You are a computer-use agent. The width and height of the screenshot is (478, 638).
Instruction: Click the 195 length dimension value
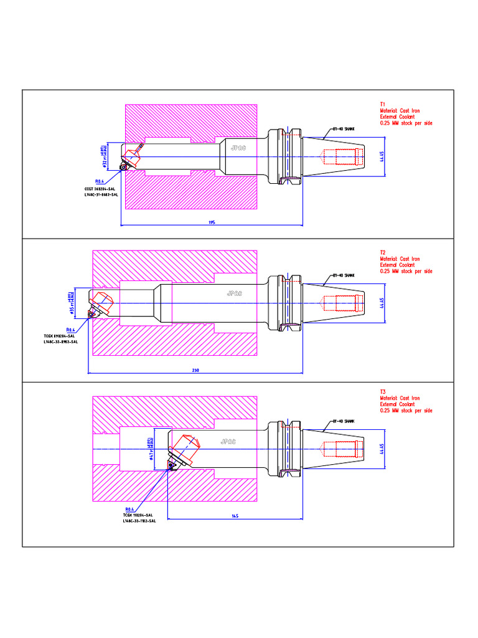coord(212,221)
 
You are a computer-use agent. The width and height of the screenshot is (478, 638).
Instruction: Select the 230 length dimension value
coord(195,371)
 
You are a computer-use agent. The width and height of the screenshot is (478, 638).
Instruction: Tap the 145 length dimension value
coord(235,516)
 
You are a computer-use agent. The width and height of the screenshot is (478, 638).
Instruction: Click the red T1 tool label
coord(383,104)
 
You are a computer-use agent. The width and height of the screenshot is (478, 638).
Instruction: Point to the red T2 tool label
coord(383,252)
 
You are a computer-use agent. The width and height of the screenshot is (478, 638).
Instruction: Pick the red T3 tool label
coord(383,392)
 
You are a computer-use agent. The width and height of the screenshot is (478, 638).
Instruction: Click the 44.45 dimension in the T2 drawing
coord(382,303)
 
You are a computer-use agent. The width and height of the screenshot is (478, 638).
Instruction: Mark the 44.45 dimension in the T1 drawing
coord(382,155)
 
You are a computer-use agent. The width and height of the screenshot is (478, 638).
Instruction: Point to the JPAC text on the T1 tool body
coord(238,148)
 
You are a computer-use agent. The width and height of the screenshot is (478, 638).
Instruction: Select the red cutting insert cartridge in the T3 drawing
coord(185,447)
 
